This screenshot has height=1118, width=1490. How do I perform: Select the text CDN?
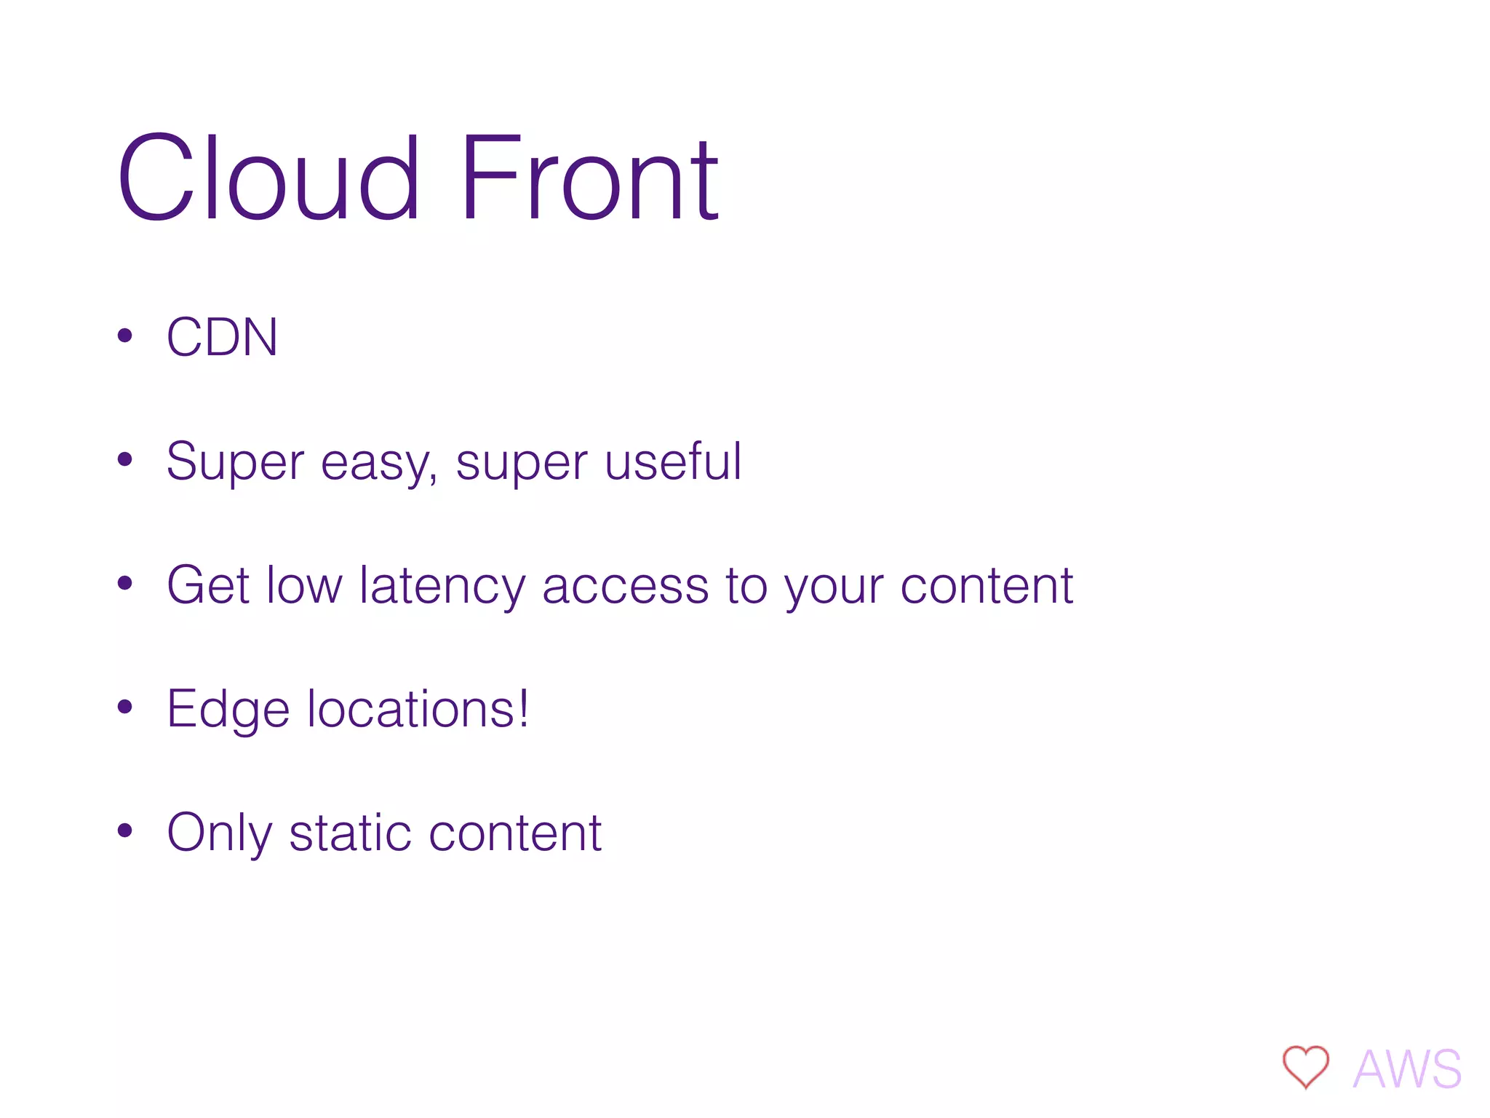[222, 337]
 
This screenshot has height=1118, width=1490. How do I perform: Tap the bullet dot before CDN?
[125, 336]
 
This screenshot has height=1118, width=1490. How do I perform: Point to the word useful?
[673, 461]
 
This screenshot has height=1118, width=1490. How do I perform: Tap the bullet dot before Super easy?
[125, 459]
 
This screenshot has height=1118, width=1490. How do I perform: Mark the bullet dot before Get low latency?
[125, 583]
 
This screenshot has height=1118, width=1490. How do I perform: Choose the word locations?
[418, 709]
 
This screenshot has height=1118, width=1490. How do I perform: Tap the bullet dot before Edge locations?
[125, 707]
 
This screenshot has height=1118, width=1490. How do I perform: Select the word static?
[351, 833]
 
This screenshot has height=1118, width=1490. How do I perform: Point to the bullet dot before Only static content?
[125, 830]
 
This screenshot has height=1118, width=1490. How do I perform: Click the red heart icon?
[1305, 1066]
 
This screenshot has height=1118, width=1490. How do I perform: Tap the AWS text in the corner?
[1407, 1069]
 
